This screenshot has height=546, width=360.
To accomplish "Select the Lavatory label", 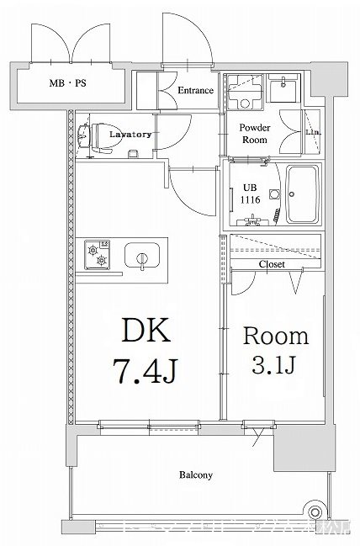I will point(130,134).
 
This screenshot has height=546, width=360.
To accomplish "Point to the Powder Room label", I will point(254,133).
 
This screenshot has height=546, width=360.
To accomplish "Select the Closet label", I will point(271,264).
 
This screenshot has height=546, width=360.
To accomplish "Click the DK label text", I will point(147,331).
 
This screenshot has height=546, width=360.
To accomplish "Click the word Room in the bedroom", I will point(276,337).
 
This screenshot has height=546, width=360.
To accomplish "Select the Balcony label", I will point(195,475).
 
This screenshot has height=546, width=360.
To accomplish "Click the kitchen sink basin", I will point(140,254).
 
